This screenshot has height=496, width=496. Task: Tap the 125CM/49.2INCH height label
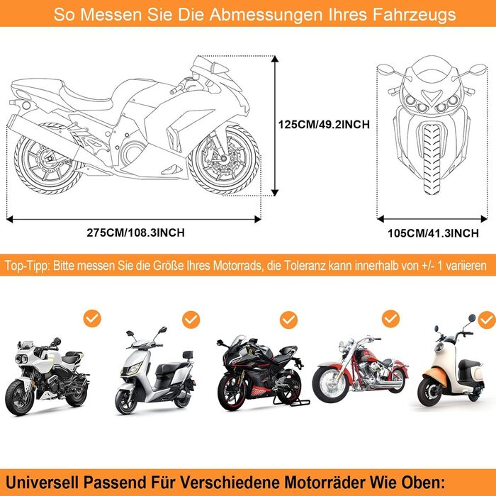point(323,124)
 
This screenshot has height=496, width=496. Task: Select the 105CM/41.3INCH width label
point(433,232)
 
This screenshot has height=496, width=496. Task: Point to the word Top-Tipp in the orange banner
point(27,266)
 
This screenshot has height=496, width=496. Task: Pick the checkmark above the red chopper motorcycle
point(390,318)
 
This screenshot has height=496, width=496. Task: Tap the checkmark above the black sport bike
point(287,320)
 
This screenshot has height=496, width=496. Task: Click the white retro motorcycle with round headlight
point(44,376)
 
